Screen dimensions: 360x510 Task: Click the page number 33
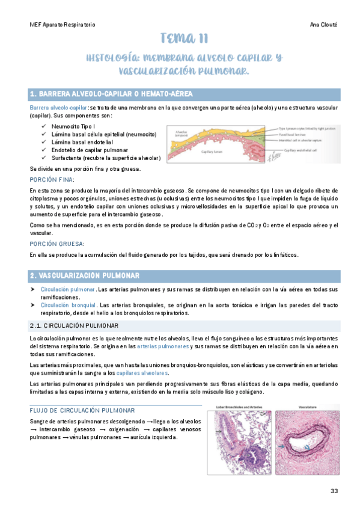(x=335, y=491)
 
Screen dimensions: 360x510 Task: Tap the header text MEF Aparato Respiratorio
(x=63, y=25)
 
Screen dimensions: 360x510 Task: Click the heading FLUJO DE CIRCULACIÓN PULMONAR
(x=77, y=411)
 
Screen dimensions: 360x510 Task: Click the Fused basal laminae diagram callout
(x=296, y=134)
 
